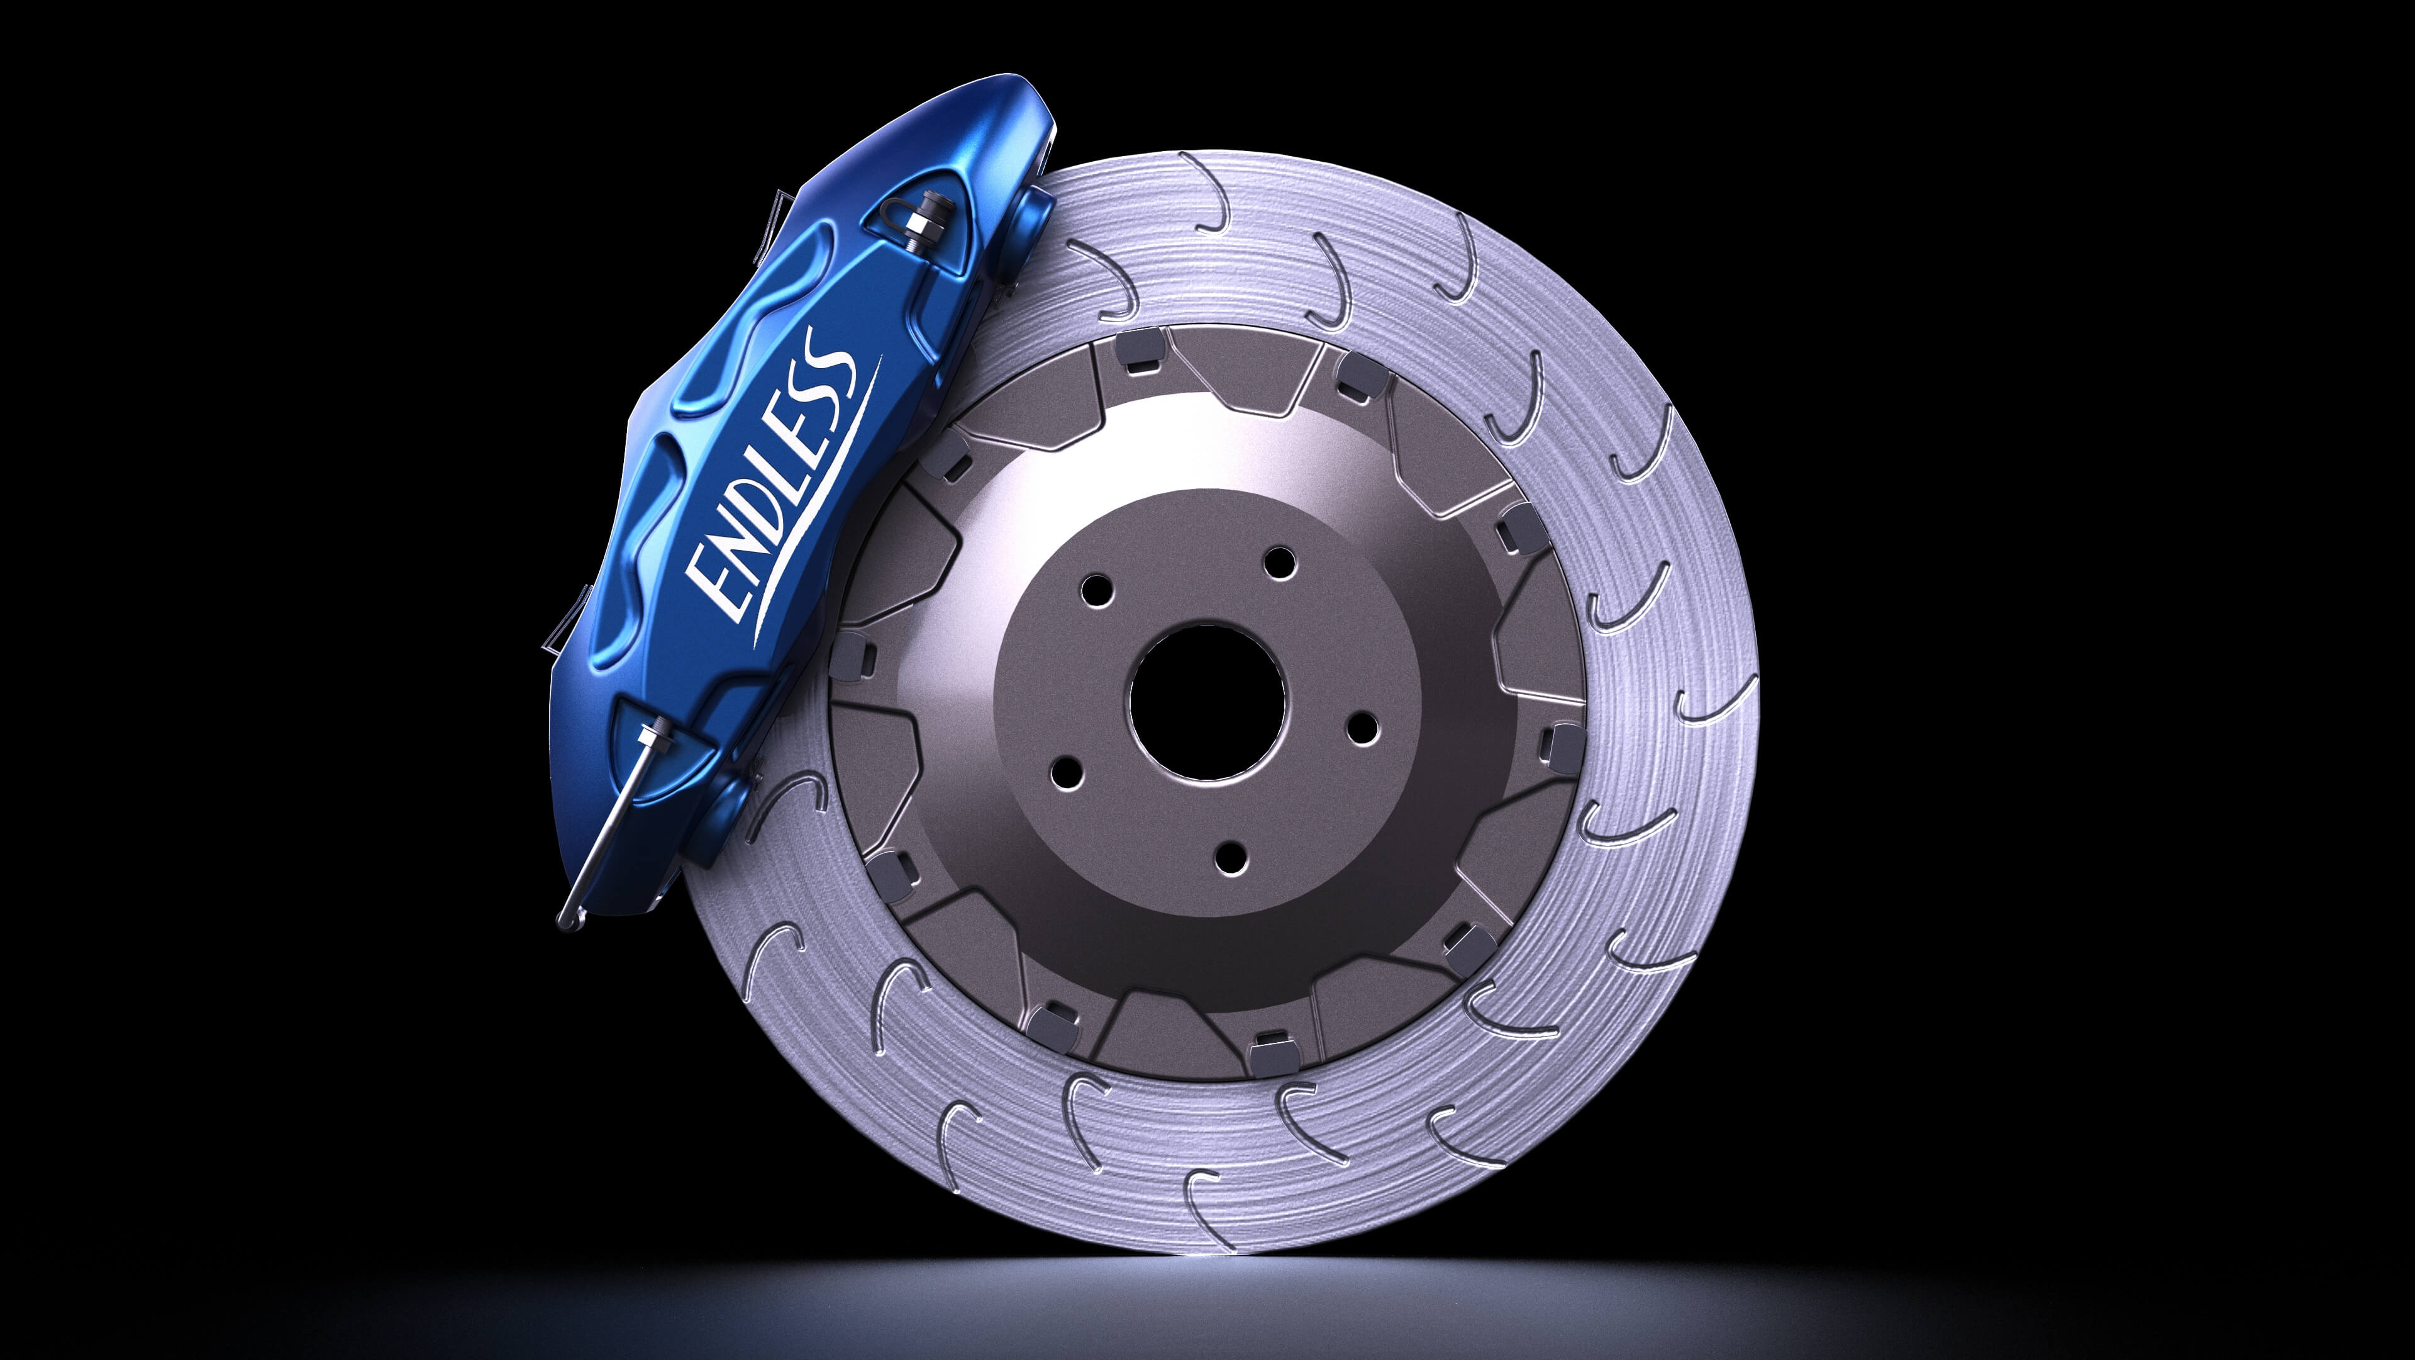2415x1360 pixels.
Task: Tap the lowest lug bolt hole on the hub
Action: [x=1229, y=855]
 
